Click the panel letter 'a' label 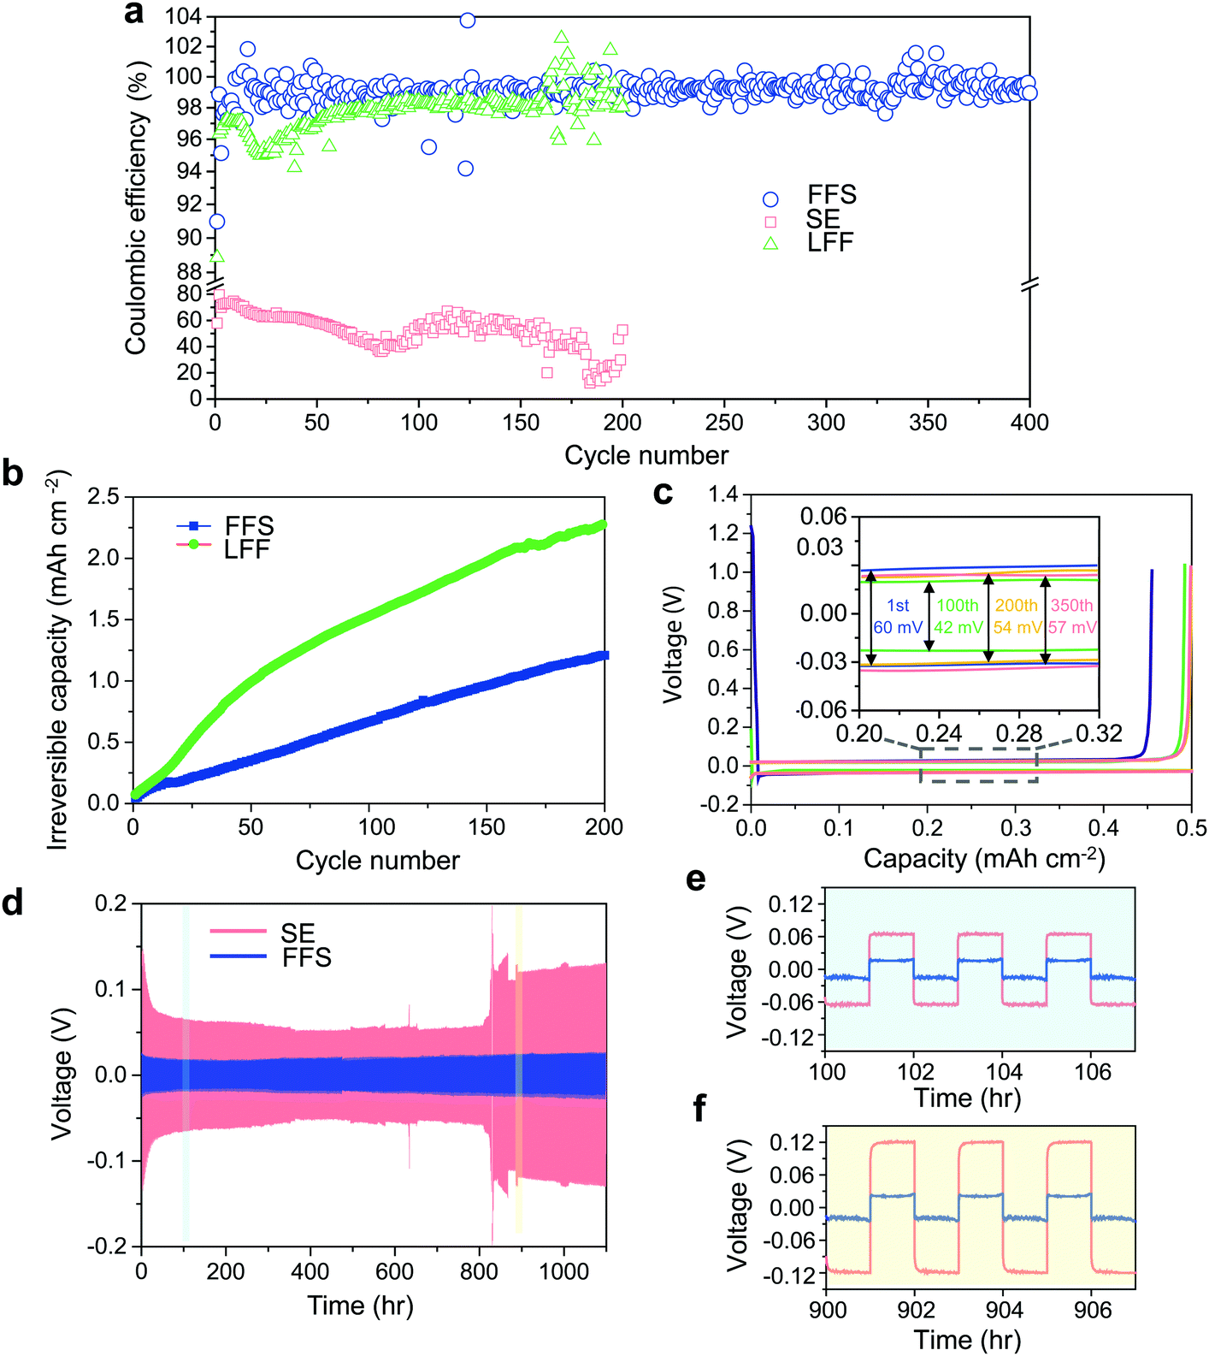(134, 14)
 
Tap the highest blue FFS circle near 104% (467, 20)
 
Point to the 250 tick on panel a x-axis (724, 423)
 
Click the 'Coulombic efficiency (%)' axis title (136, 209)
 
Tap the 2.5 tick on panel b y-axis (104, 497)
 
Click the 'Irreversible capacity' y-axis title (58, 659)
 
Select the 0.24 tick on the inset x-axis (939, 733)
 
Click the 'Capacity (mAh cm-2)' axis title (984, 858)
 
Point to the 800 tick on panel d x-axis (479, 1271)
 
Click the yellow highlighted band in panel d (518, 1069)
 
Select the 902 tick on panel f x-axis (916, 1311)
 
